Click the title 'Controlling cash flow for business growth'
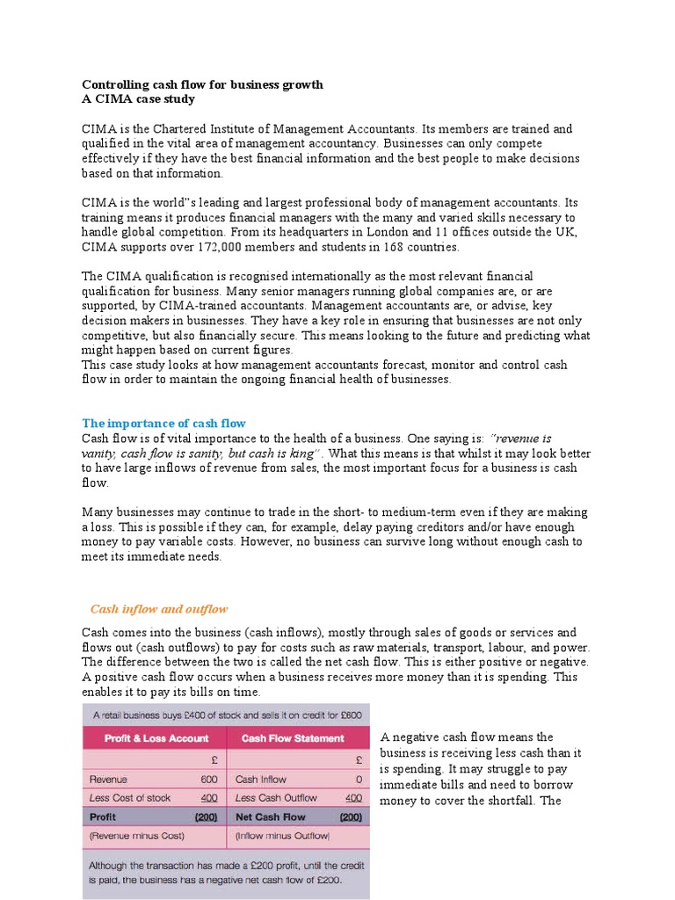pyautogui.click(x=202, y=84)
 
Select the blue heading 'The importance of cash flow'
pyautogui.click(x=163, y=423)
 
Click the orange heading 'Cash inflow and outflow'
pyautogui.click(x=159, y=609)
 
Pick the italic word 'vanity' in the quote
pyautogui.click(x=99, y=453)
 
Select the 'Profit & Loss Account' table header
pyautogui.click(x=156, y=738)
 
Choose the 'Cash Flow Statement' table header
pyautogui.click(x=293, y=738)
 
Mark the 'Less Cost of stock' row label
pyautogui.click(x=130, y=798)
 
